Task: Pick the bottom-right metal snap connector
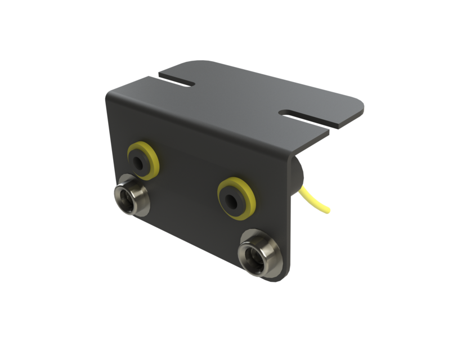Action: coord(258,255)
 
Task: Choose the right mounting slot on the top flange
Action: coord(304,115)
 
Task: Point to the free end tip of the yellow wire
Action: coord(329,211)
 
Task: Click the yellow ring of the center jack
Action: coord(245,191)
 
